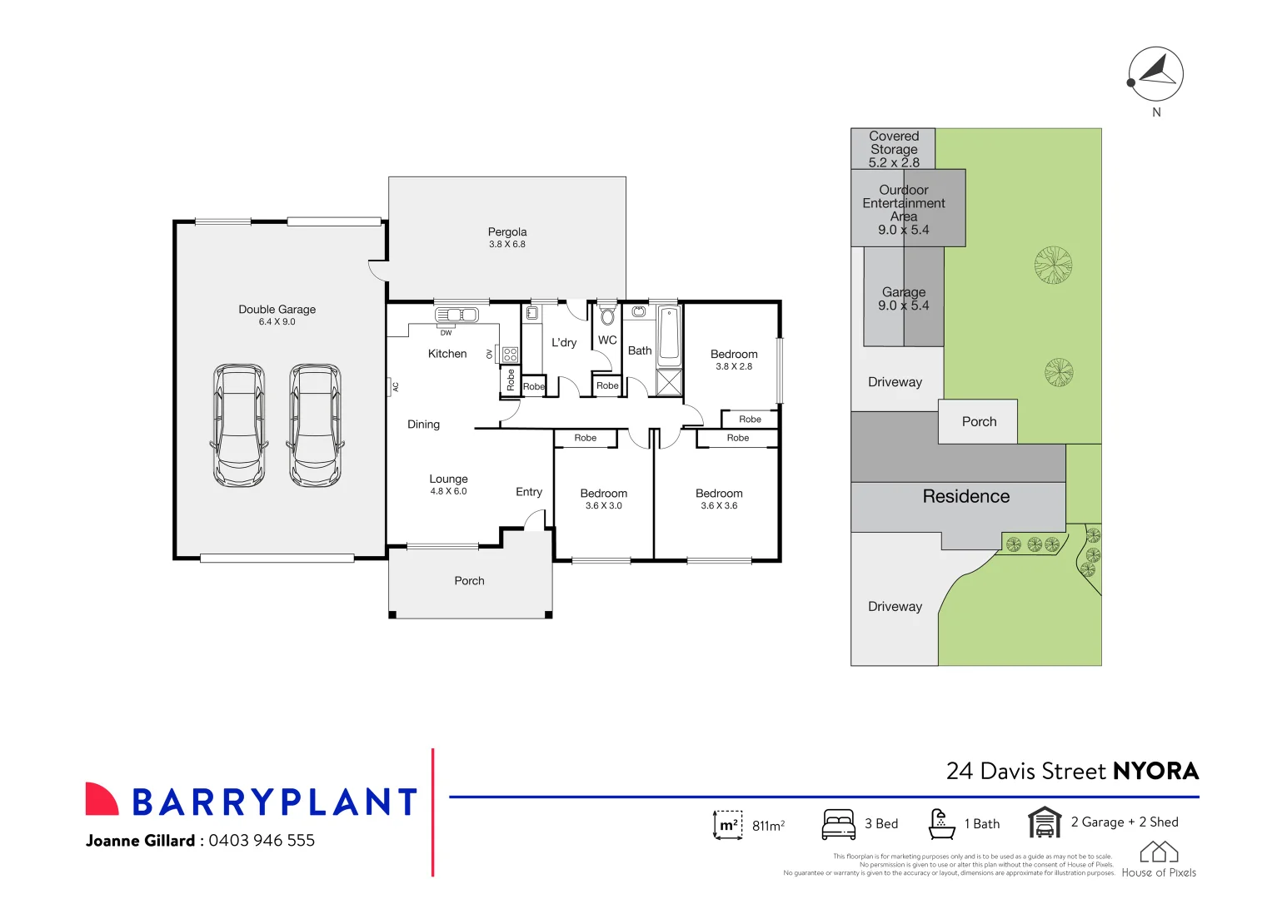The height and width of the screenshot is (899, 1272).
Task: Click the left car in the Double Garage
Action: click(x=240, y=425)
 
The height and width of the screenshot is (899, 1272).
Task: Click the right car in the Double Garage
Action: click(x=315, y=425)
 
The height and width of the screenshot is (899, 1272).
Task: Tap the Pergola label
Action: click(x=507, y=232)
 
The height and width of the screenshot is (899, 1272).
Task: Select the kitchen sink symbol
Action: click(x=456, y=315)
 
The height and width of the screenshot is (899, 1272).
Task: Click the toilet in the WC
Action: click(x=607, y=316)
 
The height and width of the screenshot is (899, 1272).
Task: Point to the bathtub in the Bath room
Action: click(x=669, y=336)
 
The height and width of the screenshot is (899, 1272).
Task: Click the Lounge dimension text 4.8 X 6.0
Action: click(x=448, y=491)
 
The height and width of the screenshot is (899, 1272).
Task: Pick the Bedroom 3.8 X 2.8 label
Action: click(x=734, y=355)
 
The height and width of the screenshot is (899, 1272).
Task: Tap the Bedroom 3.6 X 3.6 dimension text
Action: click(x=719, y=506)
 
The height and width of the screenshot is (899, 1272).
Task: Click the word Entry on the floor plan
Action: click(x=529, y=492)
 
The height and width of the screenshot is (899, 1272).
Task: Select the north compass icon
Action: click(x=1155, y=74)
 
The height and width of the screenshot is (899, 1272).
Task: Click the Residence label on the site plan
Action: click(x=965, y=496)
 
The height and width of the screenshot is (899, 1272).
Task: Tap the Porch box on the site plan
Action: click(x=978, y=422)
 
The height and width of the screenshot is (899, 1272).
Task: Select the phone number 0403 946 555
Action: click(x=262, y=841)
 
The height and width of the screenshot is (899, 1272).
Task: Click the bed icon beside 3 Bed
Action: click(x=838, y=824)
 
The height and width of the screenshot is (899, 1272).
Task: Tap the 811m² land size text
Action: click(x=768, y=826)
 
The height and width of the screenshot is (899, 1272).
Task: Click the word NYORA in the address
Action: click(x=1155, y=771)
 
